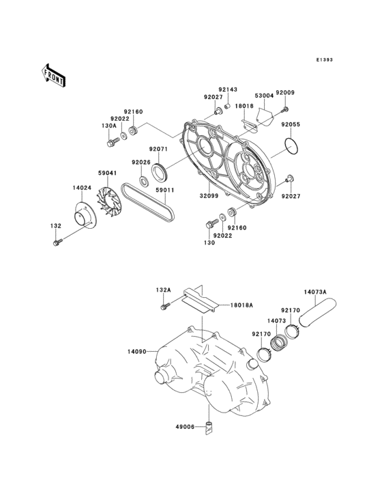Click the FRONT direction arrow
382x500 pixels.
coord(54,73)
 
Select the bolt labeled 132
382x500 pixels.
coord(57,241)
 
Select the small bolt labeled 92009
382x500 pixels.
coord(285,109)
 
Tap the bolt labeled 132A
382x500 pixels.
coord(164,308)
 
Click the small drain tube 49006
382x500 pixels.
coord(210,428)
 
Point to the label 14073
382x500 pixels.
coord(277,320)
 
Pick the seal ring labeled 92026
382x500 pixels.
coord(145,180)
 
